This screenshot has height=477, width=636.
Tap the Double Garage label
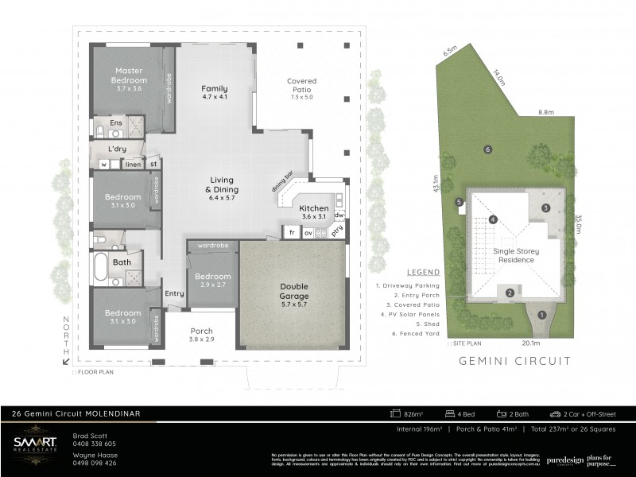point(294,291)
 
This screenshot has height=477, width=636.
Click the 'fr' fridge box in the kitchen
point(292,233)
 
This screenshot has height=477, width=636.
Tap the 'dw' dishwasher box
point(338,215)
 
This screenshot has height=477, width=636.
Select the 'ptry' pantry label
point(337,231)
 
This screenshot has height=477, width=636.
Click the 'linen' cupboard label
point(133,165)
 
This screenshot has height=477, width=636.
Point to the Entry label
point(174,293)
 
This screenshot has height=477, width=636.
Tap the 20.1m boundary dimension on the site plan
point(530,343)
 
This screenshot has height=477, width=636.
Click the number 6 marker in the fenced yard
point(487,149)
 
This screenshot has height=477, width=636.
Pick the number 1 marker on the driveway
point(542,315)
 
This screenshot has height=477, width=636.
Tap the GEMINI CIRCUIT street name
point(515,361)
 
